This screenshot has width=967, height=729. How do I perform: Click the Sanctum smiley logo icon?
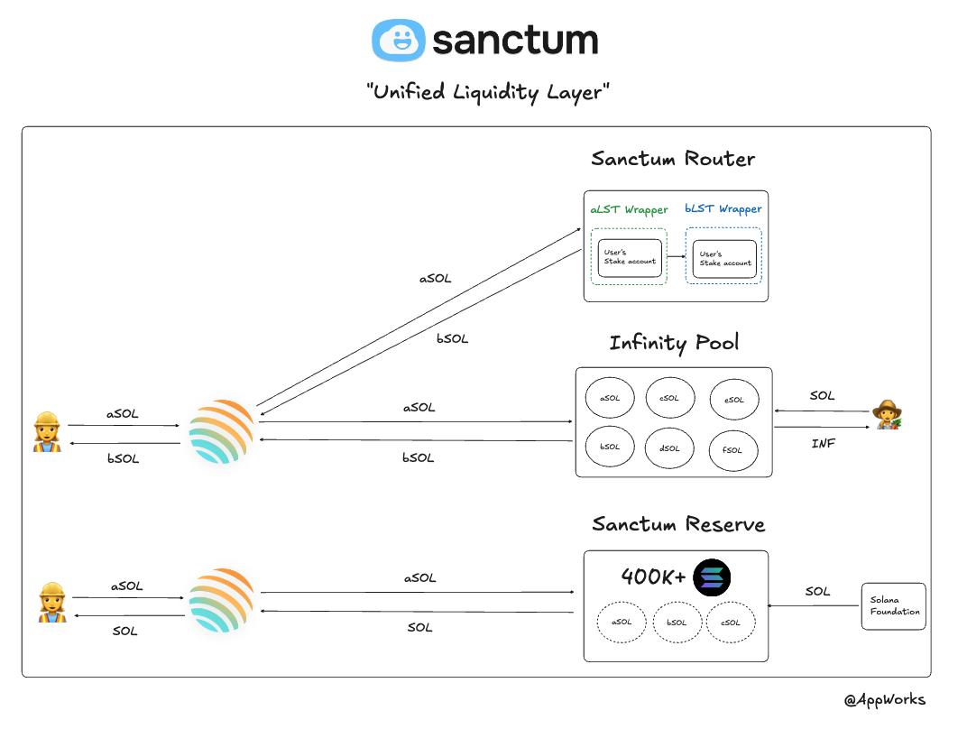pos(398,40)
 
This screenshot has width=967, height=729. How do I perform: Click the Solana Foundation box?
pos(894,605)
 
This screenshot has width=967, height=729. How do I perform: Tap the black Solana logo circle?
pos(712,578)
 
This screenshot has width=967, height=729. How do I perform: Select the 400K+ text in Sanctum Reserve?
pos(653,577)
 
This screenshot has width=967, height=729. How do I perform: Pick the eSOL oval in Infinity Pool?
pos(733,401)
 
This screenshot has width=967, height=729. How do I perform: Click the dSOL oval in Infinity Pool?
pos(669,447)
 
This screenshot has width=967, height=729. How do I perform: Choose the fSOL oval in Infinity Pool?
pos(733,449)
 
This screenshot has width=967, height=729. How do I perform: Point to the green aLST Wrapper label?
pos(629,209)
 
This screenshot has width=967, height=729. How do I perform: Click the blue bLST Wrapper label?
pos(723,208)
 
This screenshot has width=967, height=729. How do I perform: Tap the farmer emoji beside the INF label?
pos(887,414)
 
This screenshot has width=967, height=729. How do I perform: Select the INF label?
pos(822,444)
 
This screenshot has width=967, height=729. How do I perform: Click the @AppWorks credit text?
pos(884,699)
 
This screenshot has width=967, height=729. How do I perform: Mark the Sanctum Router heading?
pos(673,159)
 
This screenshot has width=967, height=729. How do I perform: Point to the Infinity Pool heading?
pos(674,343)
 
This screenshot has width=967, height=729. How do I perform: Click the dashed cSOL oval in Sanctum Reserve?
pos(730,623)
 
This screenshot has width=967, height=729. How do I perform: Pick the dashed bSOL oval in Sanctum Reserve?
pos(677,623)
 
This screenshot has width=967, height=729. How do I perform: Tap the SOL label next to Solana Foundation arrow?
pos(817,591)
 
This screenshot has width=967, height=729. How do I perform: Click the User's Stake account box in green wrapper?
pos(629,258)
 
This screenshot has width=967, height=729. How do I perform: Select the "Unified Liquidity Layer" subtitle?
pos(487,92)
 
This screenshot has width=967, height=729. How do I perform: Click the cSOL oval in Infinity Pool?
pos(669,398)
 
